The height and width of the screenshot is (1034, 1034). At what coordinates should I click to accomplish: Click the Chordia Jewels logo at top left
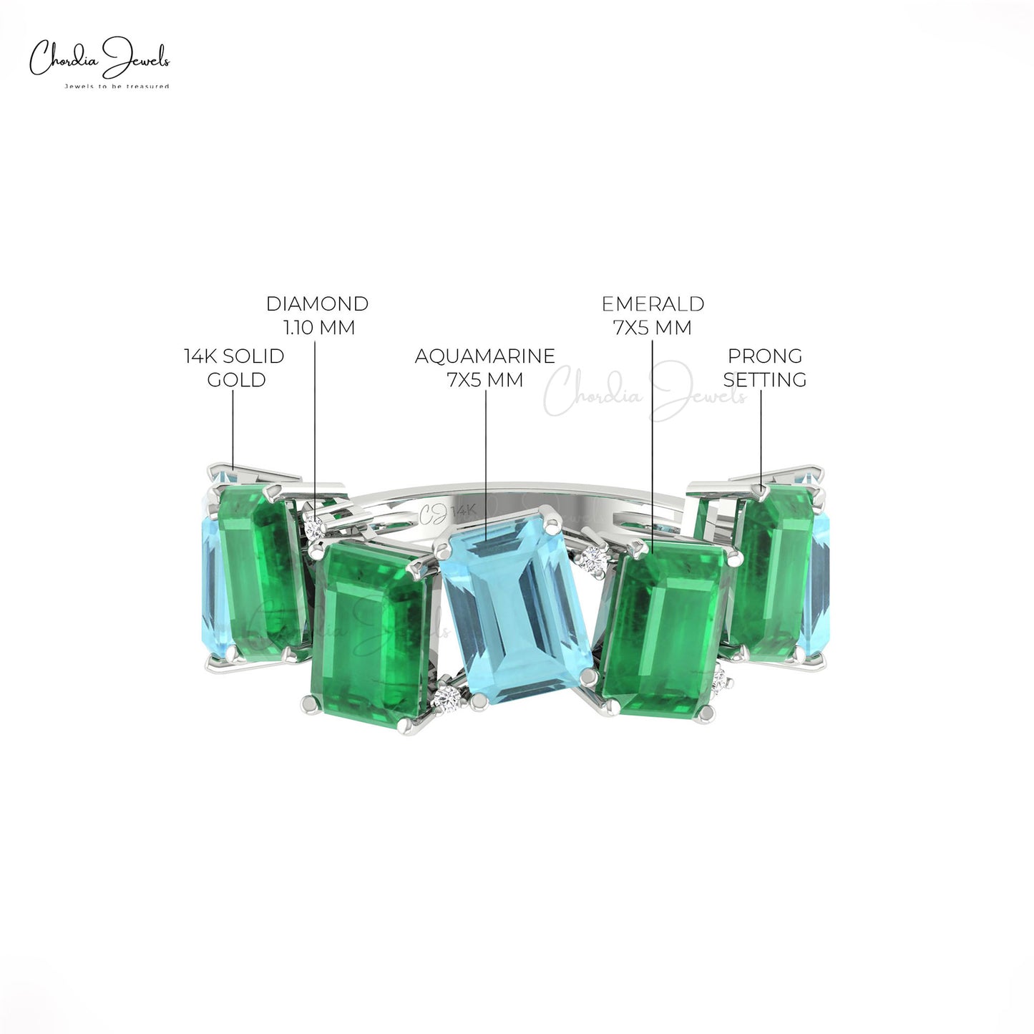point(99,62)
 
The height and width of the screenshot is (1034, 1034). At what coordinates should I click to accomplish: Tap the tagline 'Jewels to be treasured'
point(117,86)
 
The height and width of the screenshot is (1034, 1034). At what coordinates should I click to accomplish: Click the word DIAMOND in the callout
point(317,303)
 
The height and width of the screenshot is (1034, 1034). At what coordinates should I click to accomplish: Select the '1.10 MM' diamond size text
point(319,327)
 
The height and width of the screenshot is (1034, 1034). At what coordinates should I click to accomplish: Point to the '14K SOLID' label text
point(234,356)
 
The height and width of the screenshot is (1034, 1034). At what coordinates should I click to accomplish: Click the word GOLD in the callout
point(237,380)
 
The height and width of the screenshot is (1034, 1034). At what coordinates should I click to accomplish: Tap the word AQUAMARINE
point(484,356)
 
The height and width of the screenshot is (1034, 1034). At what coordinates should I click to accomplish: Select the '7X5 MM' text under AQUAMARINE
point(485,380)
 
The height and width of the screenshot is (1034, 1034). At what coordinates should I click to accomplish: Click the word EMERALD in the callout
point(653,303)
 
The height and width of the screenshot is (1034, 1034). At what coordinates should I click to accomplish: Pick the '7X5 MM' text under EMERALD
point(652,327)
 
